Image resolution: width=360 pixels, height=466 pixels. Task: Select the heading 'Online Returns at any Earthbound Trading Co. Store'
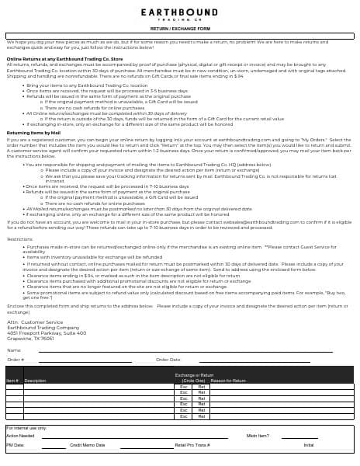coord(65,58)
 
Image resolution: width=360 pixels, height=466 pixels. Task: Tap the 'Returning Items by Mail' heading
coord(34,133)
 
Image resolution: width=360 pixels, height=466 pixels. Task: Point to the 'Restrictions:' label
coord(19,239)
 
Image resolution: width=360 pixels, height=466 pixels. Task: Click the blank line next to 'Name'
coord(186,351)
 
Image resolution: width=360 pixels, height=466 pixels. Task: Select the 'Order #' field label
coord(16,360)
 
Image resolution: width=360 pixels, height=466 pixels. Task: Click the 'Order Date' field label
coord(168,360)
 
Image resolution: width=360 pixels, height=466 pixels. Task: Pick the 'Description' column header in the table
coord(36,381)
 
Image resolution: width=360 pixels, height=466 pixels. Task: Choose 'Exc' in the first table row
coord(184,387)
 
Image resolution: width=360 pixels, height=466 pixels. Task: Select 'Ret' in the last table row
coord(202,416)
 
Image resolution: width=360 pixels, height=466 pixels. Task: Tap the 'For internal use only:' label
coord(26,428)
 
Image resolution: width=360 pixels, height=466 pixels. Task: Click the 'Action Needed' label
coord(20,436)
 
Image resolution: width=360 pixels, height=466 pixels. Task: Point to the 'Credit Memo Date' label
coord(88,445)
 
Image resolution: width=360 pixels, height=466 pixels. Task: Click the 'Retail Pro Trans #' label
coord(192,445)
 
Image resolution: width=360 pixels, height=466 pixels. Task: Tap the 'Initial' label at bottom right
coord(309,445)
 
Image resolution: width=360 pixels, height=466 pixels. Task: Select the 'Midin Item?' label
coord(258,436)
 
